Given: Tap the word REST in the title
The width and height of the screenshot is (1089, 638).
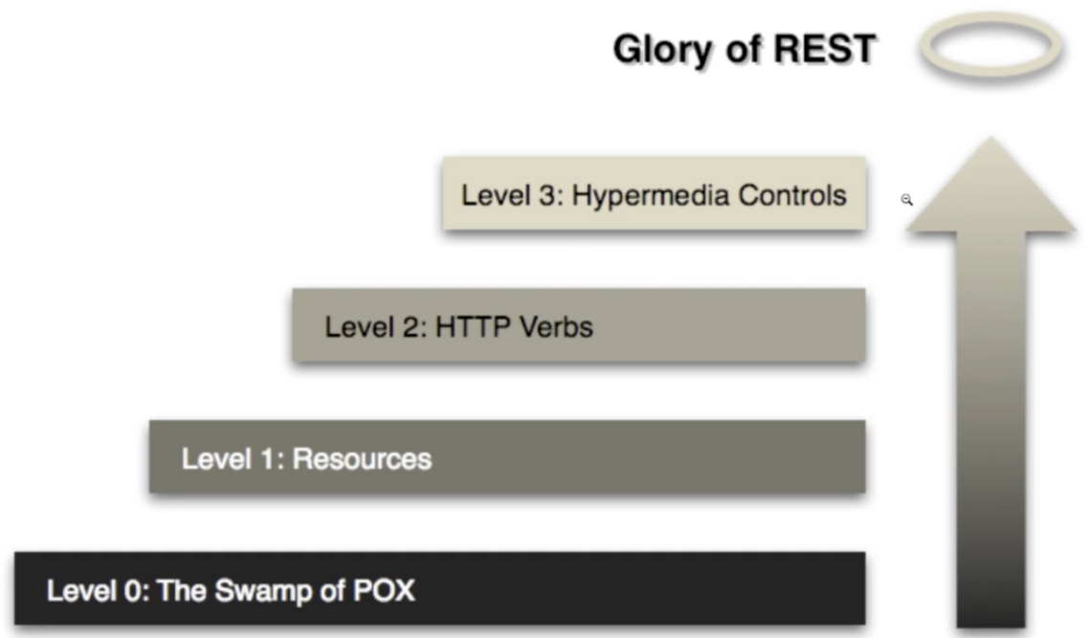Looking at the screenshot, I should [825, 49].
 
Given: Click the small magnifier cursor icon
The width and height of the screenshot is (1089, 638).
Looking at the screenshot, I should [906, 200].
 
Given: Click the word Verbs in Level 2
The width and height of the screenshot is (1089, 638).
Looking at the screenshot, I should [556, 326].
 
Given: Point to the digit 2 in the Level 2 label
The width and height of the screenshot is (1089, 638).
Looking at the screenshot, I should [411, 326].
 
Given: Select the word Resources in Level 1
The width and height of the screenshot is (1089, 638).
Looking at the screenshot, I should [362, 458].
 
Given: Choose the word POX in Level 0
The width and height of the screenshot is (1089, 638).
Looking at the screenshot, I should [384, 590].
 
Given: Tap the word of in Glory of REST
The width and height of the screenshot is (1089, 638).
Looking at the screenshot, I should [741, 49].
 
